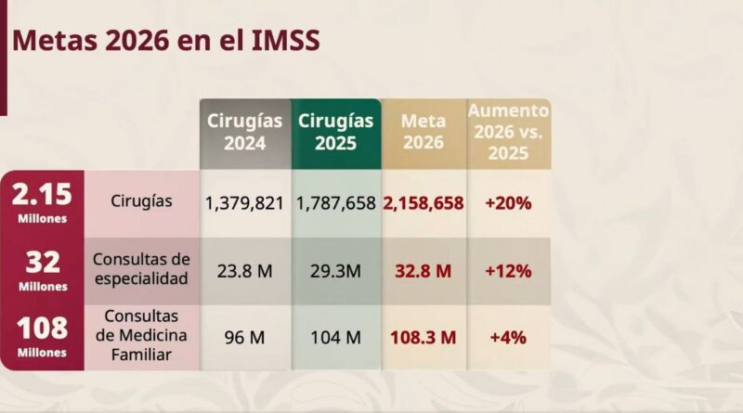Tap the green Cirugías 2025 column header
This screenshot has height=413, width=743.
(x=335, y=133)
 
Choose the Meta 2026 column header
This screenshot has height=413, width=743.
(x=423, y=133)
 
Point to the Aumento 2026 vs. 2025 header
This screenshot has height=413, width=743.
(x=508, y=132)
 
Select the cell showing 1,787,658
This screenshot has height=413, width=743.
(x=335, y=202)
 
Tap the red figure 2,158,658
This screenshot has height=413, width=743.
(x=423, y=202)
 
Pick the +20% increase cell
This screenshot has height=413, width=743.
(x=508, y=202)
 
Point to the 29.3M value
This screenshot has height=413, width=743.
(x=335, y=272)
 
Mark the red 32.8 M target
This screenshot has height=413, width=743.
(x=423, y=272)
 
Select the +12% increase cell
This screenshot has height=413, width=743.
(x=508, y=272)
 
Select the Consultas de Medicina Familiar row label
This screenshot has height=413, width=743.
(x=142, y=336)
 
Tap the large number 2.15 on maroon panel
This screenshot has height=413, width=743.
(x=41, y=196)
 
